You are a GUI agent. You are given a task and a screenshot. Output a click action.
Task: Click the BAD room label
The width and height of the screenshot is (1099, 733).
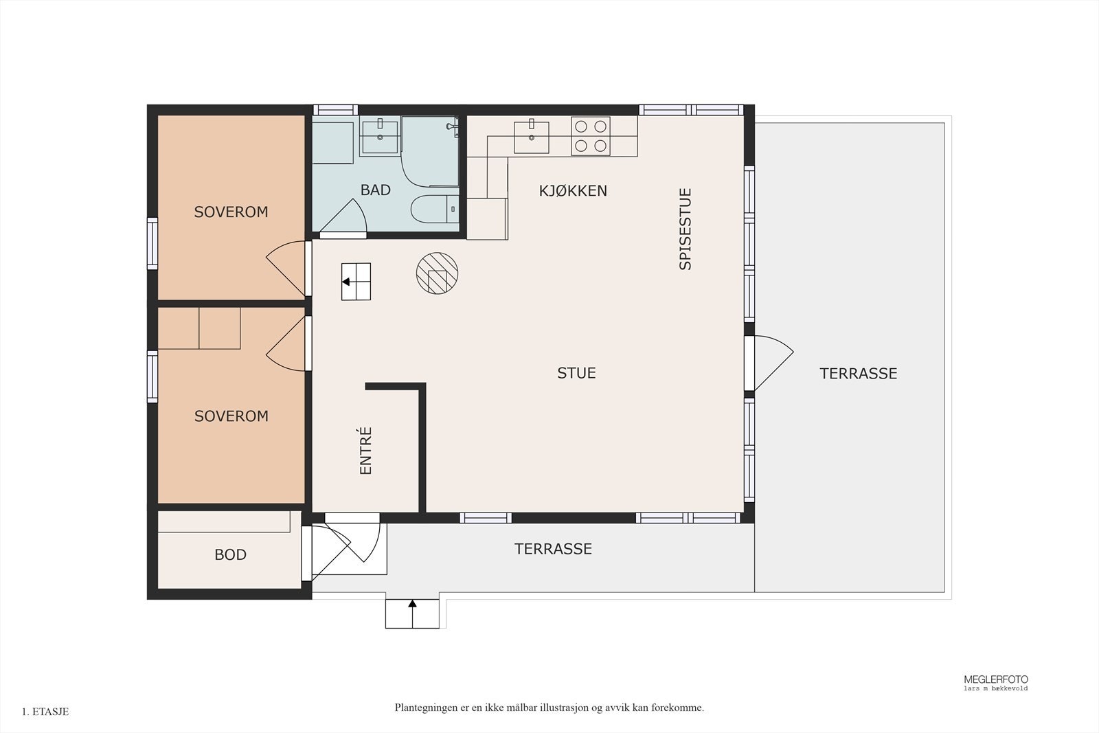click(375, 190)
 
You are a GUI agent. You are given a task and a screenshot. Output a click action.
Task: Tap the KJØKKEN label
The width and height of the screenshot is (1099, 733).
click(573, 190)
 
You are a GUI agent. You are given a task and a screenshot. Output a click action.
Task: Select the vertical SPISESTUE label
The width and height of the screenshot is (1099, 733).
click(685, 229)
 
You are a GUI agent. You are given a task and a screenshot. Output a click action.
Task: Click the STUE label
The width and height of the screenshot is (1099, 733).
click(576, 373)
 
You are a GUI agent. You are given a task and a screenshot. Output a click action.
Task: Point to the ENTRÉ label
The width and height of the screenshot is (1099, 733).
click(366, 451)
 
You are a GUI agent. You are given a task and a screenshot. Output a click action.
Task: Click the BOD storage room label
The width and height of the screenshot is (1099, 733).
click(230, 554)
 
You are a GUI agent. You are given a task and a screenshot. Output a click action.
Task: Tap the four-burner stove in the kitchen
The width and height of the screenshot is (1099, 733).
click(591, 136)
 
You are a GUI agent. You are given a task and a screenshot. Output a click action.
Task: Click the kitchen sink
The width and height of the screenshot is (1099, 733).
click(532, 137)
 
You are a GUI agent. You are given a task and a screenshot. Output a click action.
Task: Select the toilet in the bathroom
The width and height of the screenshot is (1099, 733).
click(435, 209)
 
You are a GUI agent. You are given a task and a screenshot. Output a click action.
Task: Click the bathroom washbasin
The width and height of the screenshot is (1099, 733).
click(380, 137)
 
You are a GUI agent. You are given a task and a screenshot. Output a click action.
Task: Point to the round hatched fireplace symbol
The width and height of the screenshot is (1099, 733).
click(437, 273)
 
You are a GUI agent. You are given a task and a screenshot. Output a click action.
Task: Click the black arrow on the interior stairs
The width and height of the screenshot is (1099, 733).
click(346, 282)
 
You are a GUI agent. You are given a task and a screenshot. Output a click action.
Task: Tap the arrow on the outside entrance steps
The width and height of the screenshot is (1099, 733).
click(412, 604)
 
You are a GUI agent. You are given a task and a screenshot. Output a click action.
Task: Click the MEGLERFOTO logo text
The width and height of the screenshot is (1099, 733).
click(996, 679)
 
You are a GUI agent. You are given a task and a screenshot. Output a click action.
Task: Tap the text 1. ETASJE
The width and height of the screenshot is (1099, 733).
click(45, 712)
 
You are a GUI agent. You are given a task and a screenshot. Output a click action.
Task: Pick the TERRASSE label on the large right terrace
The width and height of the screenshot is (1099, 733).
click(858, 373)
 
